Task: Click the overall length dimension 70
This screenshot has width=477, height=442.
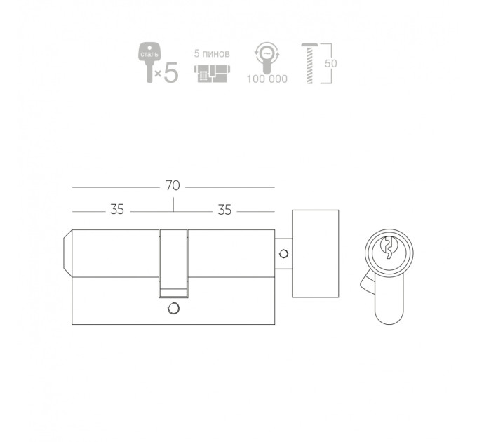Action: click(173, 185)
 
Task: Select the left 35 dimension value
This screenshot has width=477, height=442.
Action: click(117, 210)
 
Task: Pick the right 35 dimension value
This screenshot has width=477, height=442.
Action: click(224, 210)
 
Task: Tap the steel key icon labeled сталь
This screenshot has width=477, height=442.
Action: click(149, 62)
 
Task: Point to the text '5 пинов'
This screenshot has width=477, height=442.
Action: click(212, 54)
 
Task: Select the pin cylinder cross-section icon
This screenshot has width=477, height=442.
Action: click(212, 74)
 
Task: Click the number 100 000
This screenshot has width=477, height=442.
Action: click(267, 79)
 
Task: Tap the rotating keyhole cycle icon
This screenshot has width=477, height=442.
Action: click(267, 58)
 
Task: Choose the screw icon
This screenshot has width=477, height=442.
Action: click(309, 64)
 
